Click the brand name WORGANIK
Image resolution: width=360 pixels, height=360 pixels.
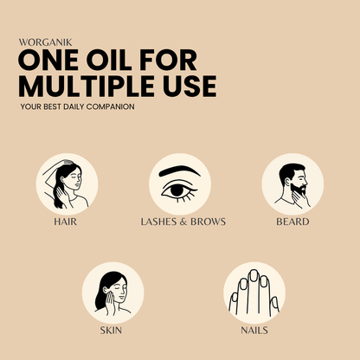coord(45,42)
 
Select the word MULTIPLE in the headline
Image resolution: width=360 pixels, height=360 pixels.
coord(87,86)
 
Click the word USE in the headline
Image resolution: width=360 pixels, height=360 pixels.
coord(190,86)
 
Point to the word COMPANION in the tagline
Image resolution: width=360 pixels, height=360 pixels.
coord(110,106)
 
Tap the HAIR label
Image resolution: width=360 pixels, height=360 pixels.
coord(66,222)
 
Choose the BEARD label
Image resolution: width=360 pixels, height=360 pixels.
coord(292,222)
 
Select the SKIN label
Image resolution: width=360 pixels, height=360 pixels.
coord(111,331)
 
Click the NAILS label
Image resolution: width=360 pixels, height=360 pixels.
coord(254,331)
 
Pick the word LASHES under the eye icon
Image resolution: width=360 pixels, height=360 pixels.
coord(158,222)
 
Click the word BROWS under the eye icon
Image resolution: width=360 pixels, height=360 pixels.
coord(208,222)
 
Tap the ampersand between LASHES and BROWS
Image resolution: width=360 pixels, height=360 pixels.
coord(183,222)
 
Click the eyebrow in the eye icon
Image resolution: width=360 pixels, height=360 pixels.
coord(179,170)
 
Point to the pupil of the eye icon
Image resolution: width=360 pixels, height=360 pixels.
coord(177,190)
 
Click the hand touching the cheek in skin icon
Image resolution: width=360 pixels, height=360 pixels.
coord(110,303)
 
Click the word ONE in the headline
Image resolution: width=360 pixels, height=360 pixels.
coord(48,60)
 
